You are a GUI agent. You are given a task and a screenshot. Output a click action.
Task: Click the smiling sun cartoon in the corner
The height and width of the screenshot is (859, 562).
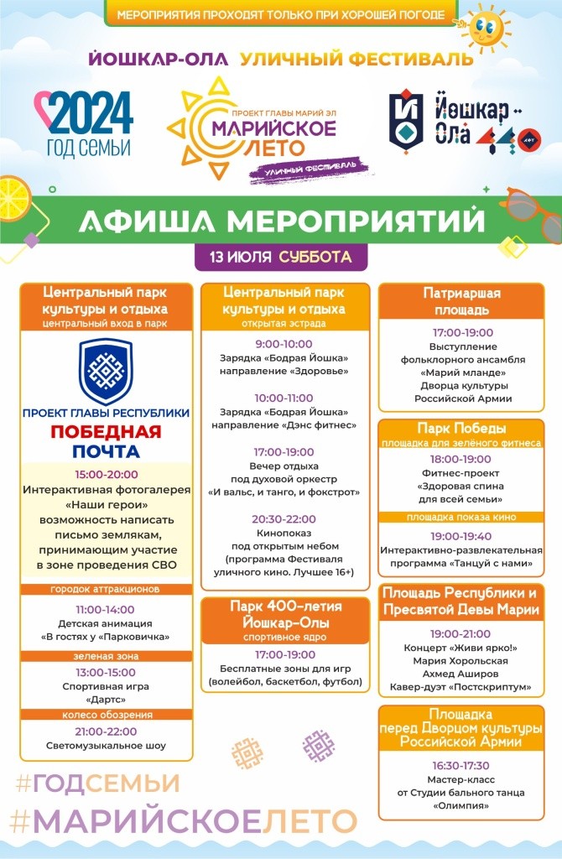pyautogui.click(x=485, y=28)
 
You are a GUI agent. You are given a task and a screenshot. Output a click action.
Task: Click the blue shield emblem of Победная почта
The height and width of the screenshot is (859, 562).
pyautogui.click(x=106, y=370)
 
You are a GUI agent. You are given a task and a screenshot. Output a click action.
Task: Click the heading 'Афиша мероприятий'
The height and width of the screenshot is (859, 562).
pyautogui.click(x=281, y=221)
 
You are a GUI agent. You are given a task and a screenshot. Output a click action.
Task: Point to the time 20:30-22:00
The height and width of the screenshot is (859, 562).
pyautogui.click(x=284, y=519)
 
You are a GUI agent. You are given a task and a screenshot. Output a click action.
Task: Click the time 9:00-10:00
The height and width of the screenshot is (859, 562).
pyautogui.click(x=284, y=344)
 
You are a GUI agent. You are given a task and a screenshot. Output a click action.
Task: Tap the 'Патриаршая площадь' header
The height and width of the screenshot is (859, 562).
pyautogui.click(x=461, y=301)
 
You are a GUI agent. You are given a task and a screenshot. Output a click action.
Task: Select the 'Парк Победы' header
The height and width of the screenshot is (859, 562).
pyautogui.click(x=461, y=428)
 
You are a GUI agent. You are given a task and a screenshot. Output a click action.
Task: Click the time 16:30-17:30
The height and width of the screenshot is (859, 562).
pyautogui.click(x=461, y=765)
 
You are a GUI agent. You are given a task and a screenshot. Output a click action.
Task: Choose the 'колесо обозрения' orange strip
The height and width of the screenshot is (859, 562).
pyautogui.click(x=107, y=715)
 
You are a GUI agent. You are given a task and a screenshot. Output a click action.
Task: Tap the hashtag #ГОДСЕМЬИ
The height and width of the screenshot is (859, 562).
pyautogui.click(x=98, y=783)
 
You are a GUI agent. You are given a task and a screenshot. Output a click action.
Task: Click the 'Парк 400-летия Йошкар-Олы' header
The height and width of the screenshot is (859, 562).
pyautogui.click(x=284, y=615)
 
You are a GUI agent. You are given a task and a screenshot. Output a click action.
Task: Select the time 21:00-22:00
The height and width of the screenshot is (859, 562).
pyautogui.click(x=107, y=731)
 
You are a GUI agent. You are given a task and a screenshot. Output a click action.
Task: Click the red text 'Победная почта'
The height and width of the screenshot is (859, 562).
pyautogui.click(x=106, y=442)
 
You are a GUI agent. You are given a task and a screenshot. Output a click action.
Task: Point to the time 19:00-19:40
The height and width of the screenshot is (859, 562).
pyautogui.click(x=461, y=535)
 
